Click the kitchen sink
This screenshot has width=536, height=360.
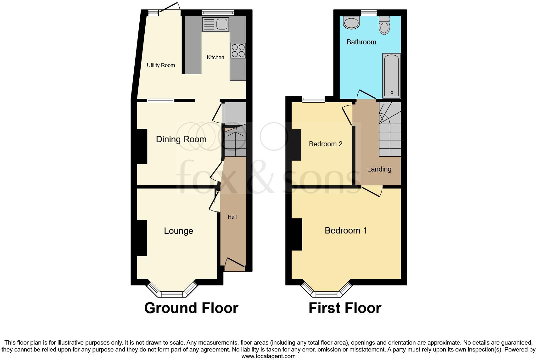tap(215, 24)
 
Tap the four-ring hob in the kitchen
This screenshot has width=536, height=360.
tap(238, 51)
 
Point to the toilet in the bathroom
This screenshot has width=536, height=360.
tap(384, 25)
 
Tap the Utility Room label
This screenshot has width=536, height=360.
tap(161, 65)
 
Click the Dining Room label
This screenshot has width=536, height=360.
tap(181, 139)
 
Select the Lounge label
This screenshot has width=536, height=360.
tap(178, 231)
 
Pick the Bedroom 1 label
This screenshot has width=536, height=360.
tap(346, 231)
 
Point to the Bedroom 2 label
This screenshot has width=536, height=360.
tap(326, 144)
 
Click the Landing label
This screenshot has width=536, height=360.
tap(379, 169)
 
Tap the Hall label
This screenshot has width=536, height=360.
tap(232, 217)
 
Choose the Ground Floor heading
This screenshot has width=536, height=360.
tap(191, 308)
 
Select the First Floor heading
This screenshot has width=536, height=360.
tap(345, 308)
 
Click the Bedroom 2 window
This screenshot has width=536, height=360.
tap(313, 99)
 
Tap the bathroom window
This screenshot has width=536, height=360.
tap(369, 13)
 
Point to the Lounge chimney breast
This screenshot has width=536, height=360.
tap(142, 238)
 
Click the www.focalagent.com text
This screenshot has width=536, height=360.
tap(268, 356)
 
